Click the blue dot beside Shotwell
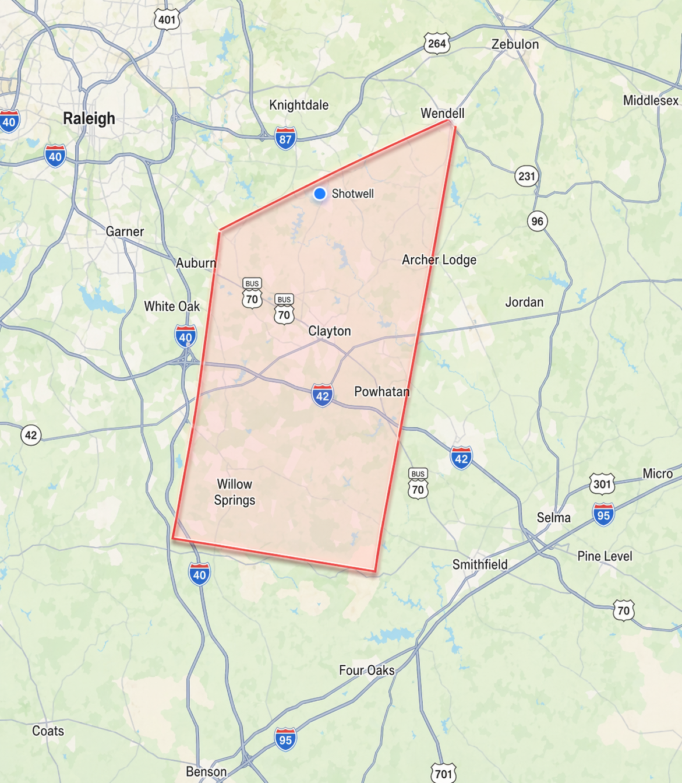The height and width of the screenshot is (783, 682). click(319, 194)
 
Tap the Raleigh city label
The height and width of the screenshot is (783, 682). click(89, 119)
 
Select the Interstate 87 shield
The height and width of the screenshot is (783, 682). click(285, 139)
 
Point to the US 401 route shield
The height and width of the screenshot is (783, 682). click(167, 19)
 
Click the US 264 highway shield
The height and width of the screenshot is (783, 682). click(437, 43)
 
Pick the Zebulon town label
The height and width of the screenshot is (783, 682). click(515, 44)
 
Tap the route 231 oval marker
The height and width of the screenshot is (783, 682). click(526, 176)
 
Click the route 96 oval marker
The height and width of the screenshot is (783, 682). click(537, 222)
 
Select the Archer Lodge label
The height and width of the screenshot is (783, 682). click(439, 260)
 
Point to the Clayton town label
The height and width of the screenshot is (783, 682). click(330, 331)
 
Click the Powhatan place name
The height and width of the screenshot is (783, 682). click(382, 392)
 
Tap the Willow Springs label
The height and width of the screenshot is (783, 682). click(235, 492)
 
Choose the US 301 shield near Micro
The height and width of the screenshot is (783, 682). click(602, 483)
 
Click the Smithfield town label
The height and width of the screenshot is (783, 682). click(480, 564)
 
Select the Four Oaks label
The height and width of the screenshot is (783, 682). click(367, 670)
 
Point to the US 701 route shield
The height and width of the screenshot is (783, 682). click(443, 773)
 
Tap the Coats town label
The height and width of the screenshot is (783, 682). click(48, 731)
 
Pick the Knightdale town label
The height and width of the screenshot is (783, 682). click(299, 106)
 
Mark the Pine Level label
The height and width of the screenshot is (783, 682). click(605, 556)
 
